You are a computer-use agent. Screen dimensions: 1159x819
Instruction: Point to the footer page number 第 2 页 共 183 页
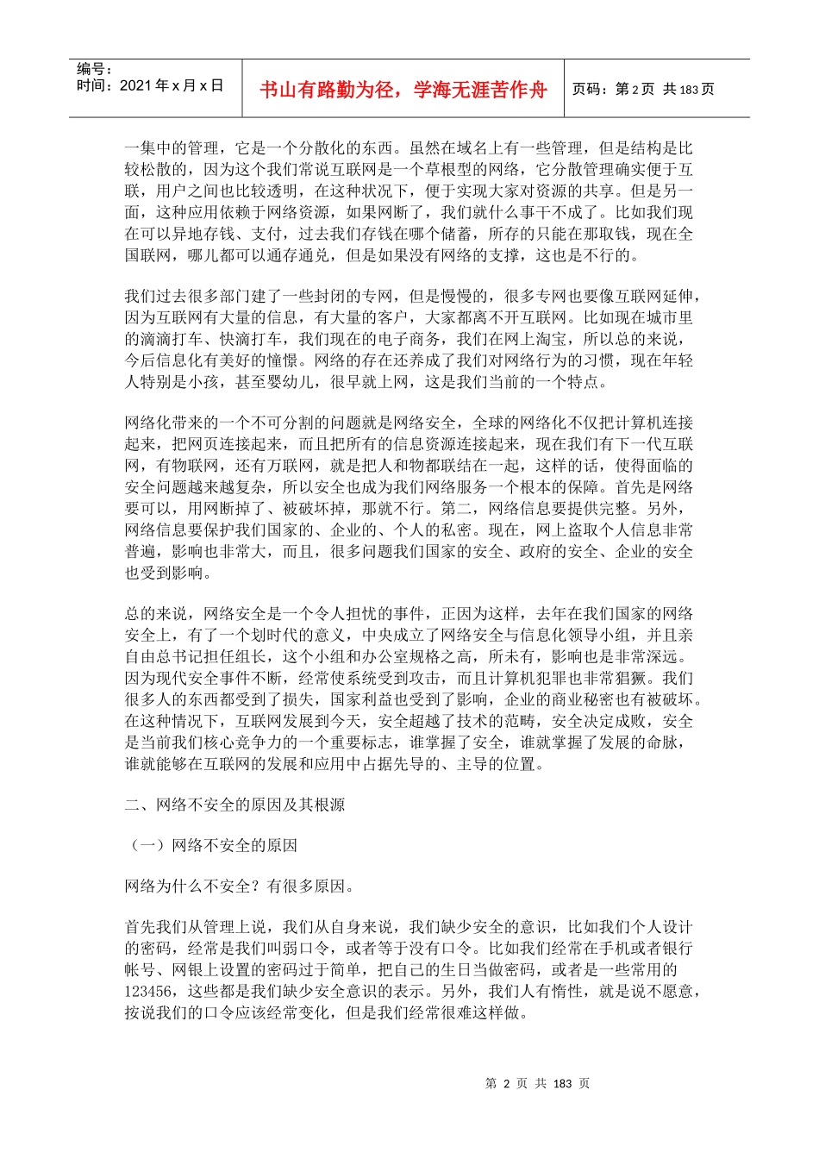[x=538, y=1084]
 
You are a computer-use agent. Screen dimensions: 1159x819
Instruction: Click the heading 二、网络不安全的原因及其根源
[x=234, y=805]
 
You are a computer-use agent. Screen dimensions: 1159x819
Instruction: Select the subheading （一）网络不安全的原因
[x=211, y=845]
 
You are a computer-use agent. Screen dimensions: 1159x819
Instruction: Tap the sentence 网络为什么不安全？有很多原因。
[x=239, y=886]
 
